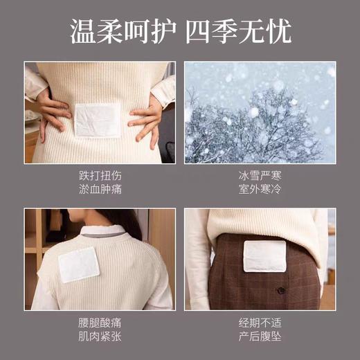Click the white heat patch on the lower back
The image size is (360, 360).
point(98,120)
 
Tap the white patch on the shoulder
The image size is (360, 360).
point(79,263)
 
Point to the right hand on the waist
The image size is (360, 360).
point(147,114)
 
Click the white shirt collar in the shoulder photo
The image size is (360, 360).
point(104,232)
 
